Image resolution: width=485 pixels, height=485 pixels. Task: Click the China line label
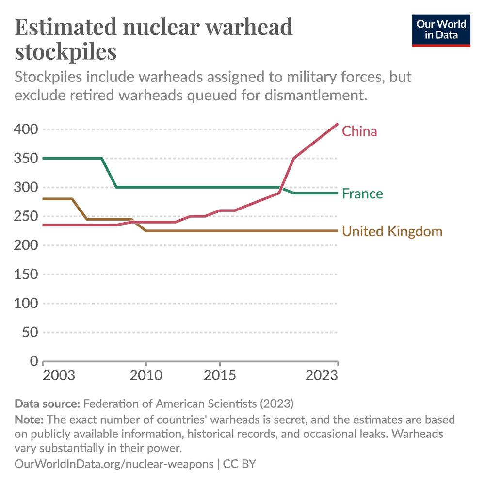(359, 131)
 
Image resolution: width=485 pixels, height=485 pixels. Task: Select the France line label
(362, 194)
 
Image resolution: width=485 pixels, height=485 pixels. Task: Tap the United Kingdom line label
(392, 231)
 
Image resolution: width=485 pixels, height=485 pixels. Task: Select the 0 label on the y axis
(34, 361)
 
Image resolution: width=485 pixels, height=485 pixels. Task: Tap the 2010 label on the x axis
(146, 376)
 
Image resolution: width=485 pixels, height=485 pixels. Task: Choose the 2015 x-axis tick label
(220, 376)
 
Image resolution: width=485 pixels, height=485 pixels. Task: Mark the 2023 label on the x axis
(322, 376)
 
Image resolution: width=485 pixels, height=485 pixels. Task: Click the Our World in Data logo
(441, 30)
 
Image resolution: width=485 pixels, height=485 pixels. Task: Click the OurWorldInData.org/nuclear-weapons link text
(114, 464)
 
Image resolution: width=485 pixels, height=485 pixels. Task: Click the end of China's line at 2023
(338, 124)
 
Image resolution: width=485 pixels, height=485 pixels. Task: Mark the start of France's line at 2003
(43, 158)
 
